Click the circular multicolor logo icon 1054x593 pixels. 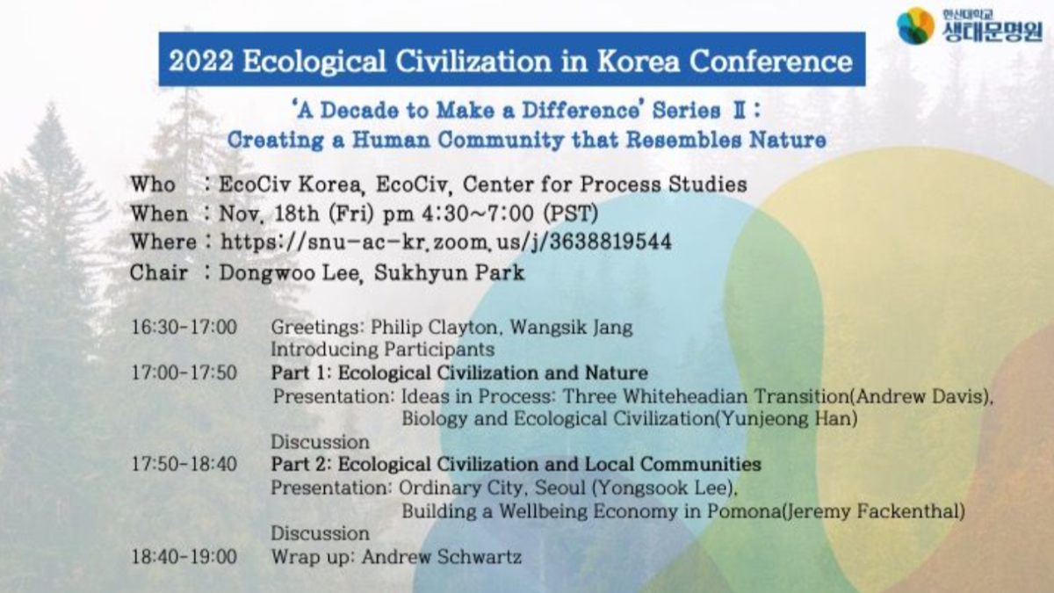915,25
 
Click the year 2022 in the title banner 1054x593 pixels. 201,61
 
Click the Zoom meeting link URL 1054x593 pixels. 445,242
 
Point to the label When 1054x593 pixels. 159,214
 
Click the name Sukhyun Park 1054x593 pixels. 449,273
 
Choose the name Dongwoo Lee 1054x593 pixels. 291,273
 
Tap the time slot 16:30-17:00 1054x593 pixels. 184,327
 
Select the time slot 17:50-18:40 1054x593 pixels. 184,465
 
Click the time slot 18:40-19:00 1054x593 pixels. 184,557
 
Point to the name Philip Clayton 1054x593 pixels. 434,328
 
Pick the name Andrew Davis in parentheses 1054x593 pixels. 920,396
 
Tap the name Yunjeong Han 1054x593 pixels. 786,419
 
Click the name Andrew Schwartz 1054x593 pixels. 441,557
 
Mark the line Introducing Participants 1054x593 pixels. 383,350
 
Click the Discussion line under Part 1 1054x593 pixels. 320,442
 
